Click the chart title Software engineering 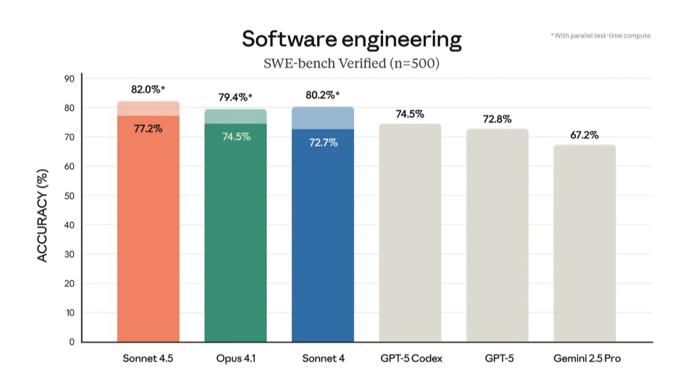351,40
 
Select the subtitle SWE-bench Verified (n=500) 351,64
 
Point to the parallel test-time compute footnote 600,36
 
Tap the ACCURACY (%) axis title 43,216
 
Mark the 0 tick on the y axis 72,342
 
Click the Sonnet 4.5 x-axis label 148,358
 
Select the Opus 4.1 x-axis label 235,358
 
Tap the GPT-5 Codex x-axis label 410,358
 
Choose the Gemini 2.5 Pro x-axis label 584,358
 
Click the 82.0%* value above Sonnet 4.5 148,90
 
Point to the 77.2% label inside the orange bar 148,129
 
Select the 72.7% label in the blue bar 323,143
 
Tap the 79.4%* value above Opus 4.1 235,98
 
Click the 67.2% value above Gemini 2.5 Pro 584,135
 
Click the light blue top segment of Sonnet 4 323,118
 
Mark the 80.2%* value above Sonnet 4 323,96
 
